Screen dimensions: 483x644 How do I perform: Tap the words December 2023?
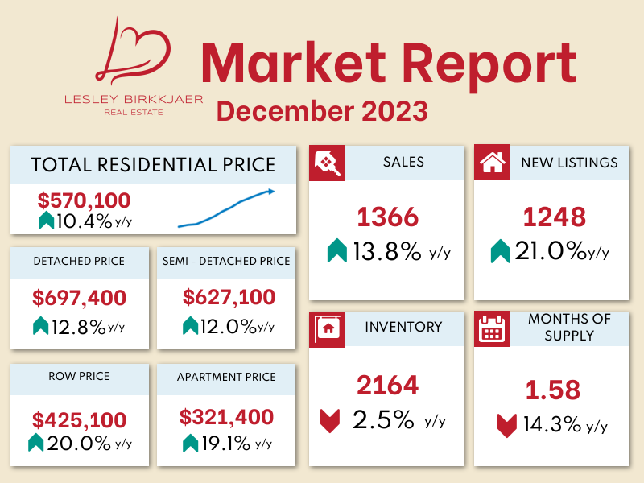point(322,109)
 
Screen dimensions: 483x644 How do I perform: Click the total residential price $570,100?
point(84,200)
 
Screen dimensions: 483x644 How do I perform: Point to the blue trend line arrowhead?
point(271,191)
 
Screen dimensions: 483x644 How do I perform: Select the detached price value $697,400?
point(80,299)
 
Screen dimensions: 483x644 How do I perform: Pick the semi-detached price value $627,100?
point(229,297)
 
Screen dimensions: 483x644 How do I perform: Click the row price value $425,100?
point(80,419)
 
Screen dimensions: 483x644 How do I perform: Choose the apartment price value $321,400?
point(227,418)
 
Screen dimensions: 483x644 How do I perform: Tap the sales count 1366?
point(388,217)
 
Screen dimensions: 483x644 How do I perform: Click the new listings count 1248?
point(553,217)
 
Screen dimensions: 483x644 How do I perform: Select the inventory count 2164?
point(388,385)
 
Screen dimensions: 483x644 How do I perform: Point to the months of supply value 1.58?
point(553,390)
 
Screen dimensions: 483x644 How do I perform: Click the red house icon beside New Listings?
point(491,163)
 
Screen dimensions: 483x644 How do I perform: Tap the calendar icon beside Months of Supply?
point(491,328)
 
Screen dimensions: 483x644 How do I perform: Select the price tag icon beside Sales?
point(328,163)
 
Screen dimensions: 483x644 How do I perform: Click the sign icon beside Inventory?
point(328,328)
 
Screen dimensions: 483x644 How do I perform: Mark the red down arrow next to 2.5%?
point(330,421)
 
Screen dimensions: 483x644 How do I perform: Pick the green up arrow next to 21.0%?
point(501,252)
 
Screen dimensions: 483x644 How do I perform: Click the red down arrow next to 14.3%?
point(506,424)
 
